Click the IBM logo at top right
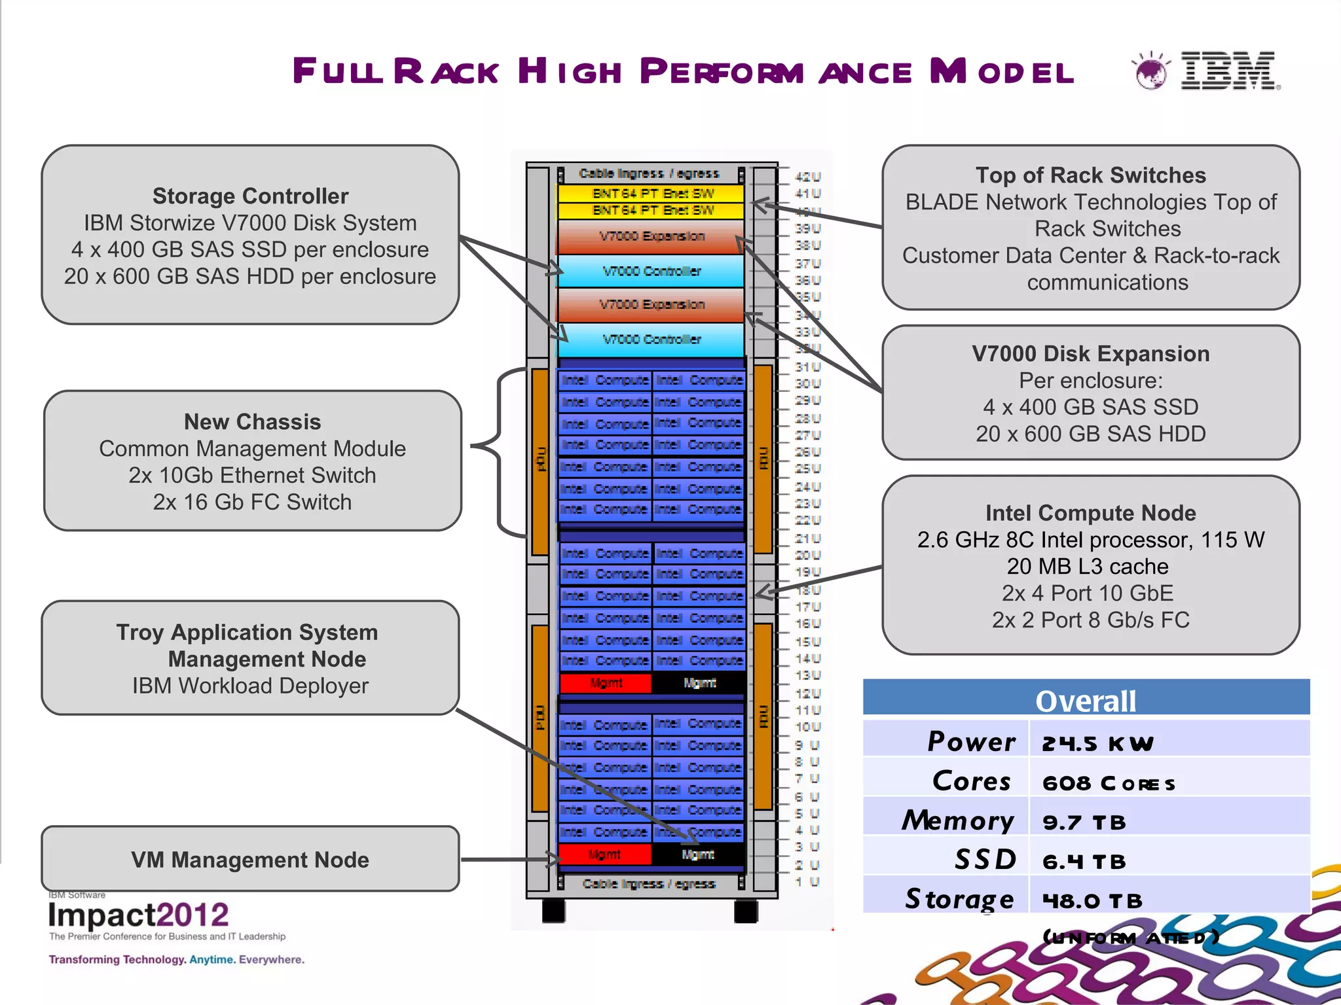pyautogui.click(x=1228, y=70)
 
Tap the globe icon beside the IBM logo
pyautogui.click(x=1150, y=71)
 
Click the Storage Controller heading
pyautogui.click(x=250, y=196)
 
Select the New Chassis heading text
pyautogui.click(x=252, y=422)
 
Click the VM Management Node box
pyautogui.click(x=250, y=859)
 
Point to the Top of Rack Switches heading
pyautogui.click(x=1090, y=175)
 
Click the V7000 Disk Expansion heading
pyautogui.click(x=1090, y=354)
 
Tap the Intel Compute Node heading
pyautogui.click(x=1090, y=513)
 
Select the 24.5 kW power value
pyautogui.click(x=1097, y=743)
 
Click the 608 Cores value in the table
pyautogui.click(x=1109, y=783)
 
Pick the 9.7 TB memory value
pyautogui.click(x=1084, y=822)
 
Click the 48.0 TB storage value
pyautogui.click(x=1092, y=901)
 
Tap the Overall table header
pyautogui.click(x=1086, y=701)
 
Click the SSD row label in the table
pyautogui.click(x=985, y=860)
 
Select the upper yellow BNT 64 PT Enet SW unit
pyautogui.click(x=652, y=194)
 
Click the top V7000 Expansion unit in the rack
pyautogui.click(x=652, y=236)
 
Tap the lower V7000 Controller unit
pyautogui.click(x=652, y=340)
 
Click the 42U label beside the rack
pyautogui.click(x=807, y=177)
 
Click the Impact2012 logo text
pyautogui.click(x=138, y=915)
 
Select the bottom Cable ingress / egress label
pyautogui.click(x=649, y=884)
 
